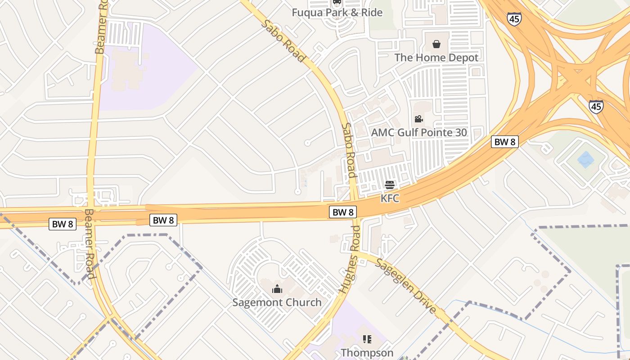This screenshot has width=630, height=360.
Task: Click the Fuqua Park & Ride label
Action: pos(337,12)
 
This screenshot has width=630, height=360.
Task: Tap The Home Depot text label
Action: pos(436,58)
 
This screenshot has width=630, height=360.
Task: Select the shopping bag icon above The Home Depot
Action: pos(436,44)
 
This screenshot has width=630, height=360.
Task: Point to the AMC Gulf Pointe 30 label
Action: pos(418,133)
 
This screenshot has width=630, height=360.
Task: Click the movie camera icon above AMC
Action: pos(418,119)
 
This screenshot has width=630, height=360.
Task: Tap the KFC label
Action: pos(390,198)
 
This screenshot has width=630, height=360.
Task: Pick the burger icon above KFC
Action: pos(390,184)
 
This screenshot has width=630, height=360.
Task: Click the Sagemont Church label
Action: pos(277,302)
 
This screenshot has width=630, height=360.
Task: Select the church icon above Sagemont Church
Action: pos(277,288)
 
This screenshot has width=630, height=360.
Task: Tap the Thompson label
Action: pos(367,352)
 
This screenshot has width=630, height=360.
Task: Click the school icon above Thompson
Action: pos(367,339)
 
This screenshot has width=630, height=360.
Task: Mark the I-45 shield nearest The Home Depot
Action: pos(513,19)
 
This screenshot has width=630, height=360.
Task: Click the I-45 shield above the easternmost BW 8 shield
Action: pos(596,107)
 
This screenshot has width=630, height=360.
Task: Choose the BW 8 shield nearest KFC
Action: pos(343,212)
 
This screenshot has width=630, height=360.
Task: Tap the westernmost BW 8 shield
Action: pos(62,224)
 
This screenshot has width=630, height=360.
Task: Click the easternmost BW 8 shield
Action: pos(504,142)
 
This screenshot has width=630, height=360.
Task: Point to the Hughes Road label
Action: pos(350,260)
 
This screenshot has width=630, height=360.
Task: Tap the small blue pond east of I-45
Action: pos(585,159)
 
